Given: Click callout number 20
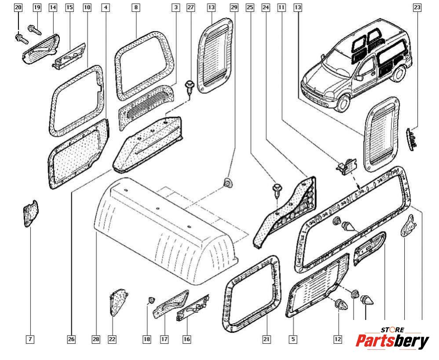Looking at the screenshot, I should coord(18,7).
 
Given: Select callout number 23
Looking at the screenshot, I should coord(417,7).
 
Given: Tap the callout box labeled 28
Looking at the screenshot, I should coord(96,339).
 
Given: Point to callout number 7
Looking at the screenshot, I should coord(29,339).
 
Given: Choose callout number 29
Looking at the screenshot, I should coord(234,7).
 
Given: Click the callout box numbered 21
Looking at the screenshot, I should coord(266,339).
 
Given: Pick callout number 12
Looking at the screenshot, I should coord(337,339).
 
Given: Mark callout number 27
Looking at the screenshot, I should coord(190,7).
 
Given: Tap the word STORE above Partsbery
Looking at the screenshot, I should coord(392,330).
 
